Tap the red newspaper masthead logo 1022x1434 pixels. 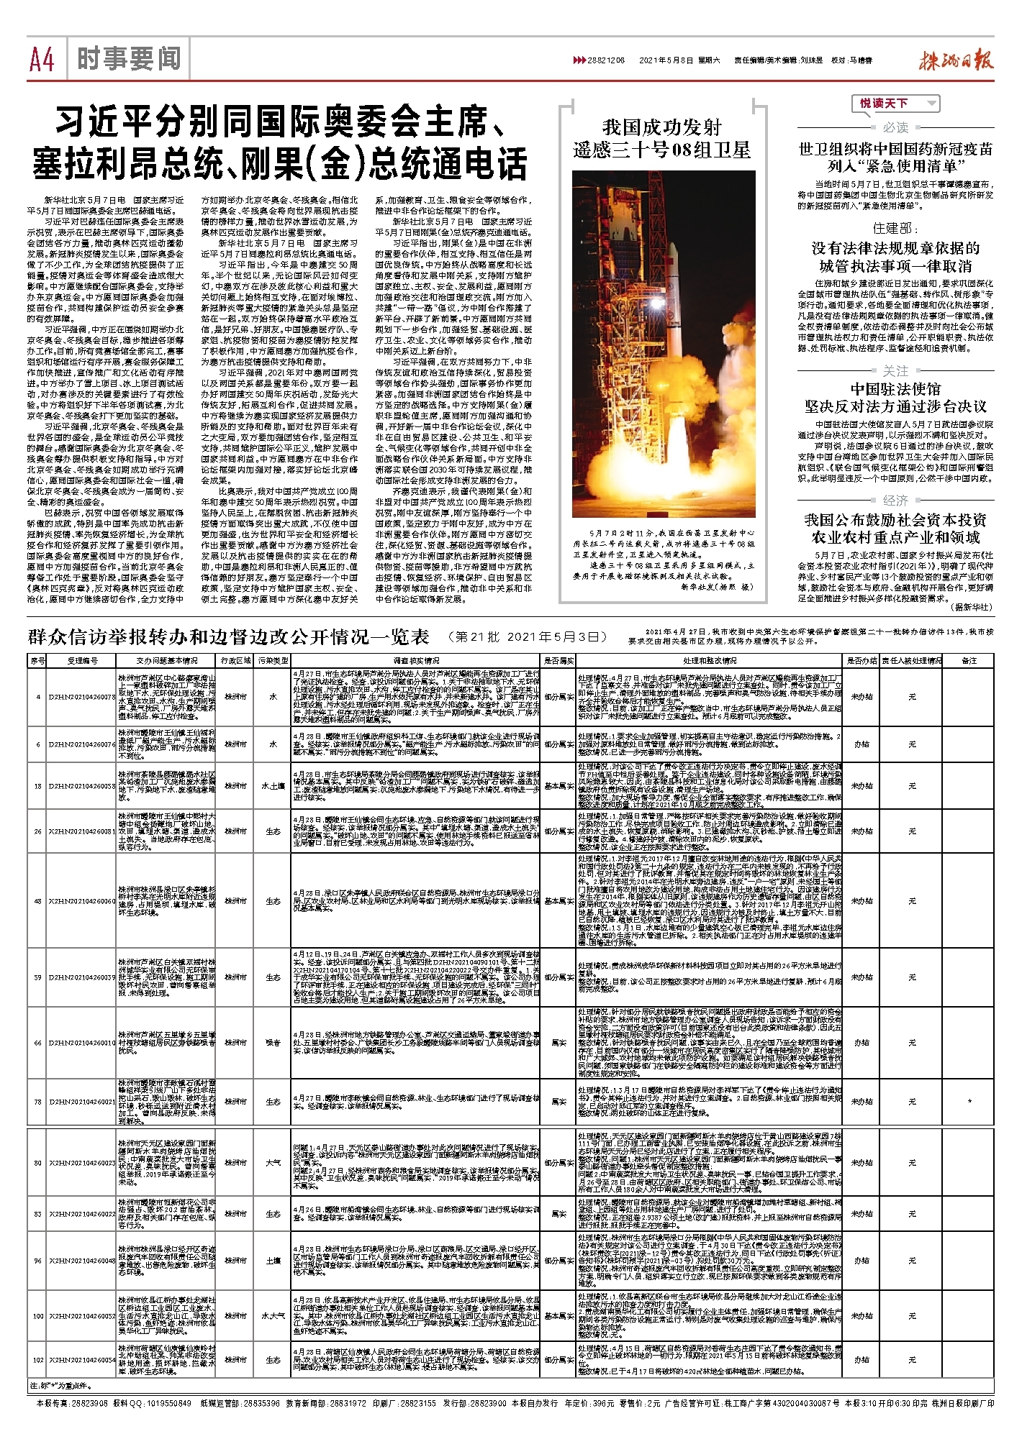[956, 60]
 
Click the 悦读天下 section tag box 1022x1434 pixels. [895, 104]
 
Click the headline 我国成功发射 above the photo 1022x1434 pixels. [661, 127]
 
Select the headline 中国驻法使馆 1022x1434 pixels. [895, 389]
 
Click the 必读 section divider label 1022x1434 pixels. [895, 127]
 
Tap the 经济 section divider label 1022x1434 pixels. [895, 500]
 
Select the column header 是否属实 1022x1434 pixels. [558, 660]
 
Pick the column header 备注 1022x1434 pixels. [969, 660]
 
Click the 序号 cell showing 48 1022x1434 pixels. [37, 901]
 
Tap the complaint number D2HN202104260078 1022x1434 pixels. [81, 697]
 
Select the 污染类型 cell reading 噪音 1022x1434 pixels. [273, 1042]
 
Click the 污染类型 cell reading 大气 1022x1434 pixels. [273, 1162]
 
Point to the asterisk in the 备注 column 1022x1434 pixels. [969, 1101]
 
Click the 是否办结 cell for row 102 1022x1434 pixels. [861, 1360]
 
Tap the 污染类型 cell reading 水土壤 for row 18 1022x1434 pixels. [273, 786]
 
